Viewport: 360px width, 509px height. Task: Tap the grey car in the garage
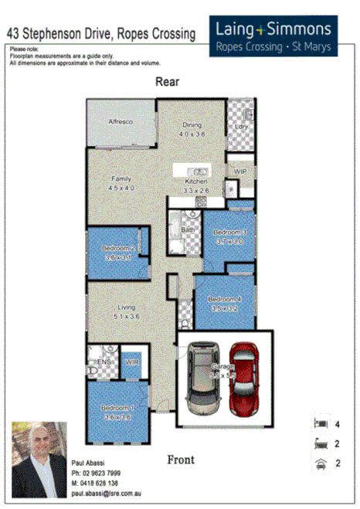(x=202, y=378)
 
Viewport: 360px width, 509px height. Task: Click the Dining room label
(x=192, y=125)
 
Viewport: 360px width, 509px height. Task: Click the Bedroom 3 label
(x=229, y=232)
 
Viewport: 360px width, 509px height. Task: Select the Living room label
(x=126, y=307)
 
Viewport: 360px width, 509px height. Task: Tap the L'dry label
(x=240, y=126)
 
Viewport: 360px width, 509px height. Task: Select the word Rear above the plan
(x=167, y=81)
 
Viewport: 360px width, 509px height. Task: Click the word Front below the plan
(x=181, y=460)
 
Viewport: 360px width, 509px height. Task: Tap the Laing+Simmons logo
(x=272, y=36)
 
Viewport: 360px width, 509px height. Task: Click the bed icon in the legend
(x=318, y=423)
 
